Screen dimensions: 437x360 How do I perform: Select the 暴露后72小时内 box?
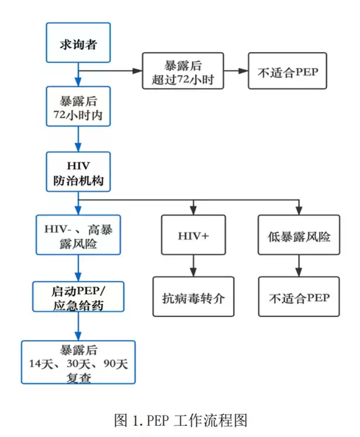point(78,106)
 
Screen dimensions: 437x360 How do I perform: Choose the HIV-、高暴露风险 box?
point(78,235)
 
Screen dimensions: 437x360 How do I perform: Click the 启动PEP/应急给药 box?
point(78,297)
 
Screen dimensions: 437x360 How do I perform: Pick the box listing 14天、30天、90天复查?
point(78,363)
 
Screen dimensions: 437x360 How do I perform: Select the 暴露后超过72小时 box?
point(183,70)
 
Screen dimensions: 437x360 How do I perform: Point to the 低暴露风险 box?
point(299,235)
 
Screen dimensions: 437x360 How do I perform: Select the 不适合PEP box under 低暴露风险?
point(299,297)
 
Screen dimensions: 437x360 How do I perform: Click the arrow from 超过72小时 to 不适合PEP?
point(236,70)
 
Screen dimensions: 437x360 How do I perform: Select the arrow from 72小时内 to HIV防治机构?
point(78,139)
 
